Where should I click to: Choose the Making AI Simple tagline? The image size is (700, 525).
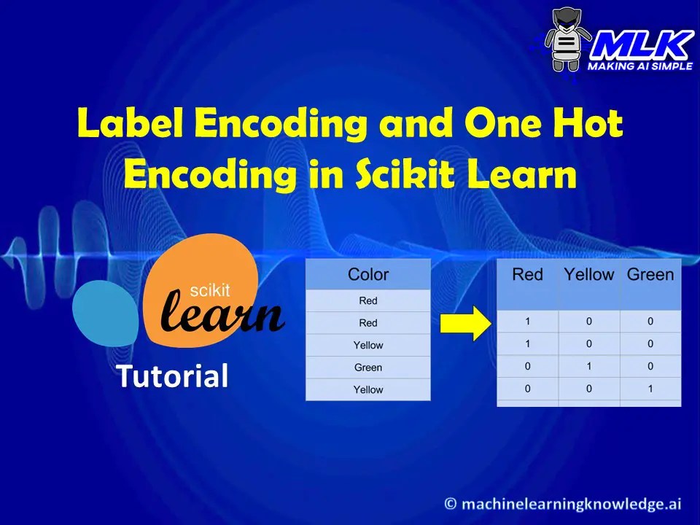click(639, 66)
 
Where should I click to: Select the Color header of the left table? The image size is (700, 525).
click(368, 274)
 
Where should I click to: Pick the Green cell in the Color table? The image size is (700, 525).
click(368, 367)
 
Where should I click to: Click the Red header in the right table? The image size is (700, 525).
click(527, 274)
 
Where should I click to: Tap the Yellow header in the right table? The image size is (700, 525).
click(588, 274)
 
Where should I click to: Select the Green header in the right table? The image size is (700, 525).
click(650, 274)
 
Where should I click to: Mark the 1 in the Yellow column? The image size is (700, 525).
click(588, 366)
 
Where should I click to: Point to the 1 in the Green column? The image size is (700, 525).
click(650, 389)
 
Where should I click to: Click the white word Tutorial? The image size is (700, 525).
click(173, 376)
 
